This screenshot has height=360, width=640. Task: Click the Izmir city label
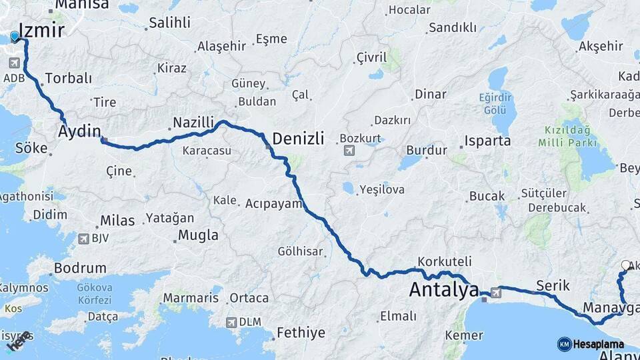point(42,30)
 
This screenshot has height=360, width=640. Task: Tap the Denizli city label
point(299,139)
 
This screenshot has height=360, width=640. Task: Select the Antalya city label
point(443,290)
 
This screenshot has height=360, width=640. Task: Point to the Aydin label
point(79,130)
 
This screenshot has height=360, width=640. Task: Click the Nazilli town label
point(193,122)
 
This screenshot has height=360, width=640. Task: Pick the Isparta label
point(488,141)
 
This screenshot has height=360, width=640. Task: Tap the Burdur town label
point(426,151)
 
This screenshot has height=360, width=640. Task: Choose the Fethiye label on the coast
point(301,332)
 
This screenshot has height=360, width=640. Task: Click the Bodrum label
point(81,268)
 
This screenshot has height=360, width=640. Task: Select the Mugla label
point(199,235)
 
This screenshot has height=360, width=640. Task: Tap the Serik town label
point(552,285)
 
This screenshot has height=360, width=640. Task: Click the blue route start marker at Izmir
point(15,37)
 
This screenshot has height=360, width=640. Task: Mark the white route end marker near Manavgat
point(625,265)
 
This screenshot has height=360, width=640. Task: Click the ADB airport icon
point(14,63)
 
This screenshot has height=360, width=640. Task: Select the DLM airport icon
point(232,322)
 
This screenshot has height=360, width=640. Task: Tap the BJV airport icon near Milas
point(84,238)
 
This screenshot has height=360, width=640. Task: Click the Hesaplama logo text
point(598,344)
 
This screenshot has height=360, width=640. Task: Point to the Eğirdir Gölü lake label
point(494,103)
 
